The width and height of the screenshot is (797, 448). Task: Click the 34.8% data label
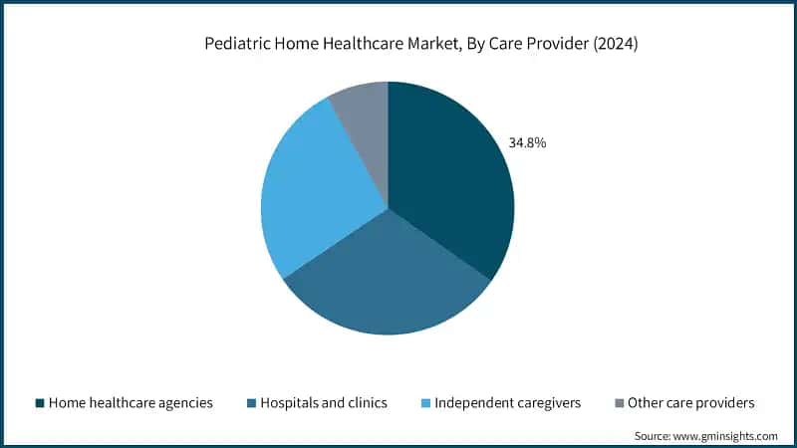[527, 142]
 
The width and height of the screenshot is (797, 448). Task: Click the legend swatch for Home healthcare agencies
[40, 403]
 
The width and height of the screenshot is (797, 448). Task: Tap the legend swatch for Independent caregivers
[427, 403]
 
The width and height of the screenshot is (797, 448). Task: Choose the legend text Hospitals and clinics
[325, 403]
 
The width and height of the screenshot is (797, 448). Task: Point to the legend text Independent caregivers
[509, 403]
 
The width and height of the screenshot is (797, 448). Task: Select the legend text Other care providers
[691, 403]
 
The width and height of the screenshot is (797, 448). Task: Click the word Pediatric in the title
[238, 44]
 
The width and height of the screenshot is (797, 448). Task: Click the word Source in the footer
[655, 435]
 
